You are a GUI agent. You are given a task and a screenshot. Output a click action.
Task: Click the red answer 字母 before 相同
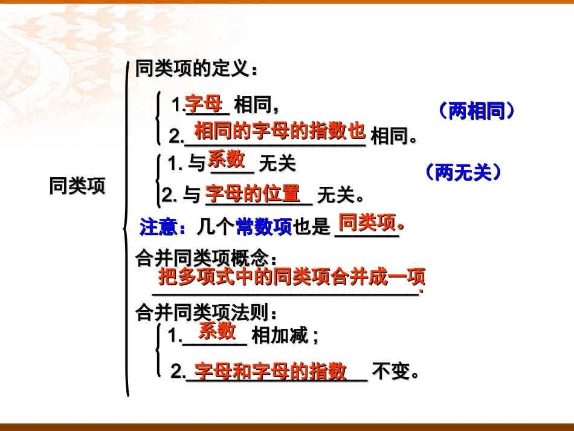tap(204, 103)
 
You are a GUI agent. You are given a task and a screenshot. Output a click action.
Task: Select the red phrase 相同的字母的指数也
tap(280, 129)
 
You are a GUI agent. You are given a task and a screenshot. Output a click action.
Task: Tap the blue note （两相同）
tap(477, 111)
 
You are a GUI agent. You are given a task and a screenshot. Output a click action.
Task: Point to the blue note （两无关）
tap(463, 173)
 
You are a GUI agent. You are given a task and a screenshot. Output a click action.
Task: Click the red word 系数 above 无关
tap(227, 159)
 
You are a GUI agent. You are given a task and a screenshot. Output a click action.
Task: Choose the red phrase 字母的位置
tap(253, 193)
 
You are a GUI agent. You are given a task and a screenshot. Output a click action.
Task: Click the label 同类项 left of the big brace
tap(77, 186)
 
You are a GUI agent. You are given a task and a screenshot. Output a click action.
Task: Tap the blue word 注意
tap(159, 227)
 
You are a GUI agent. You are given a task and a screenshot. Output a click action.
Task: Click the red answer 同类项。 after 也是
tap(370, 223)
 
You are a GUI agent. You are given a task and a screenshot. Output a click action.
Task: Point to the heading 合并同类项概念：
tap(207, 259)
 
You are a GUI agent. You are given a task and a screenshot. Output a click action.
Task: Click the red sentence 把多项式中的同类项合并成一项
tap(292, 277)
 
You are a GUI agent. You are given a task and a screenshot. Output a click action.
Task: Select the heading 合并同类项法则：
tap(207, 313)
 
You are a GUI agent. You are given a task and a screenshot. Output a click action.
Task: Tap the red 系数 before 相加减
tap(217, 330)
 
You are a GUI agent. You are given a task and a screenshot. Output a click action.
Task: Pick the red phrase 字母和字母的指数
tap(271, 371)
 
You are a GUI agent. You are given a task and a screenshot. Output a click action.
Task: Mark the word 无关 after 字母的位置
tap(335, 196)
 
